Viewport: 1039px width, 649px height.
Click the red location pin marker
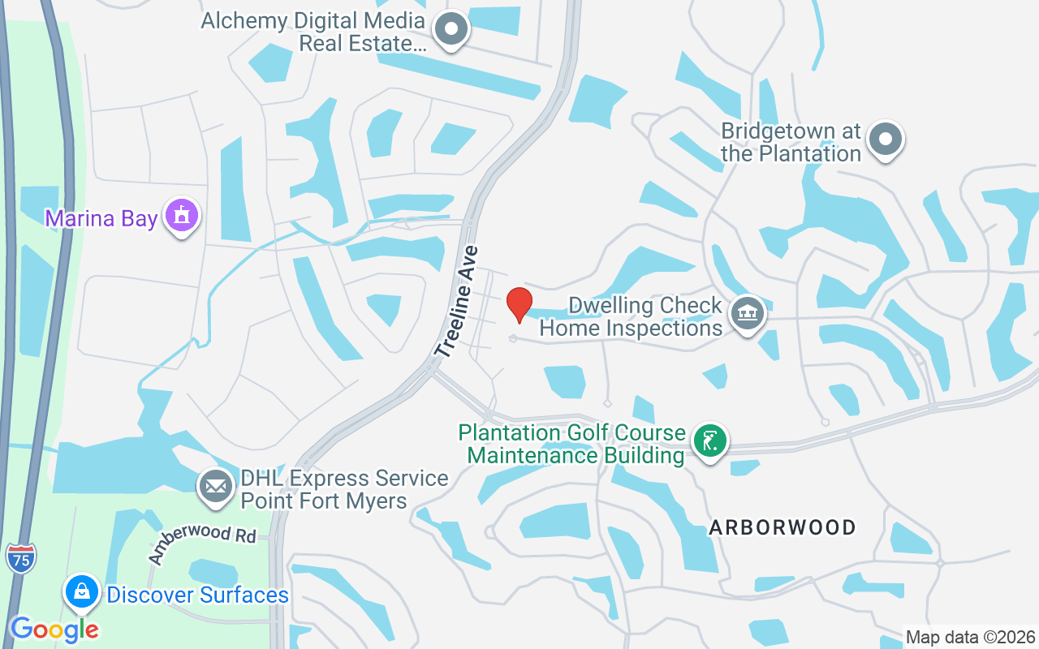(519, 304)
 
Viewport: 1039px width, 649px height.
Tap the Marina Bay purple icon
(181, 216)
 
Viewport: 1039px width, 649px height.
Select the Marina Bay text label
(101, 218)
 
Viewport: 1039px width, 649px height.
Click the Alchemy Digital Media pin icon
(451, 31)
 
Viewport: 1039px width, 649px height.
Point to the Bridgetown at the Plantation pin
(885, 140)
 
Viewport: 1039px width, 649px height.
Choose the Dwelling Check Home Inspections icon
(745, 313)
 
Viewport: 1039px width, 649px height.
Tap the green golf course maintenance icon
(710, 441)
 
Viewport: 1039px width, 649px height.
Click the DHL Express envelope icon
(215, 487)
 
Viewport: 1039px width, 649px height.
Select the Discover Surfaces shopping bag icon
(82, 593)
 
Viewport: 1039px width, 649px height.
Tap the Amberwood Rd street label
(202, 545)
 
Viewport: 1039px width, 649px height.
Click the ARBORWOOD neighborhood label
(782, 527)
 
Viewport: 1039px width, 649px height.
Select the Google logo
(54, 629)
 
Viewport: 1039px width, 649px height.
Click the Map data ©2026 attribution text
(970, 637)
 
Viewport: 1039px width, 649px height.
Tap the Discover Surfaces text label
(197, 595)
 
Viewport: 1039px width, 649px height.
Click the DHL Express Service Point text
(343, 489)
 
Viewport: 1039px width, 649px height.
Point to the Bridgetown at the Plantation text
(791, 142)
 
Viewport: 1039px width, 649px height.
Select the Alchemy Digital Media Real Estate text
(313, 32)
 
